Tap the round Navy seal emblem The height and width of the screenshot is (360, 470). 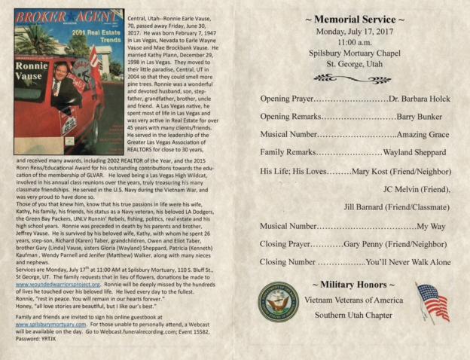pyautogui.click(x=279, y=303)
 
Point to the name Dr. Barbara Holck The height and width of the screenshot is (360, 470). pyautogui.click(x=419, y=99)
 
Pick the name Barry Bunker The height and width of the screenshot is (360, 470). pyautogui.click(x=420, y=117)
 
